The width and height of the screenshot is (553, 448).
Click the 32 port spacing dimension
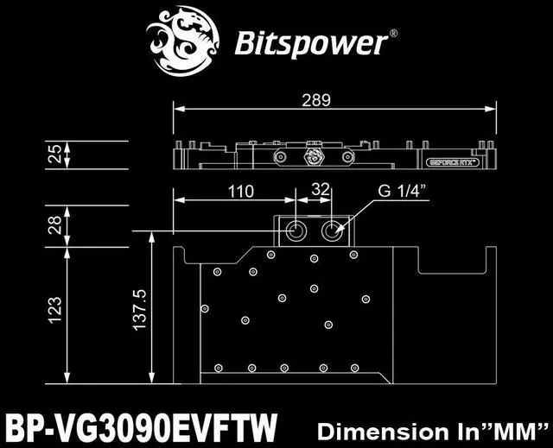[x=320, y=188]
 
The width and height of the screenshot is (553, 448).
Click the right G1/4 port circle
[x=333, y=231]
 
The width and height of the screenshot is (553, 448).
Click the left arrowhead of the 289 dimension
[x=177, y=109]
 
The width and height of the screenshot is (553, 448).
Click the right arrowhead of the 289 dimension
[x=493, y=109]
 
